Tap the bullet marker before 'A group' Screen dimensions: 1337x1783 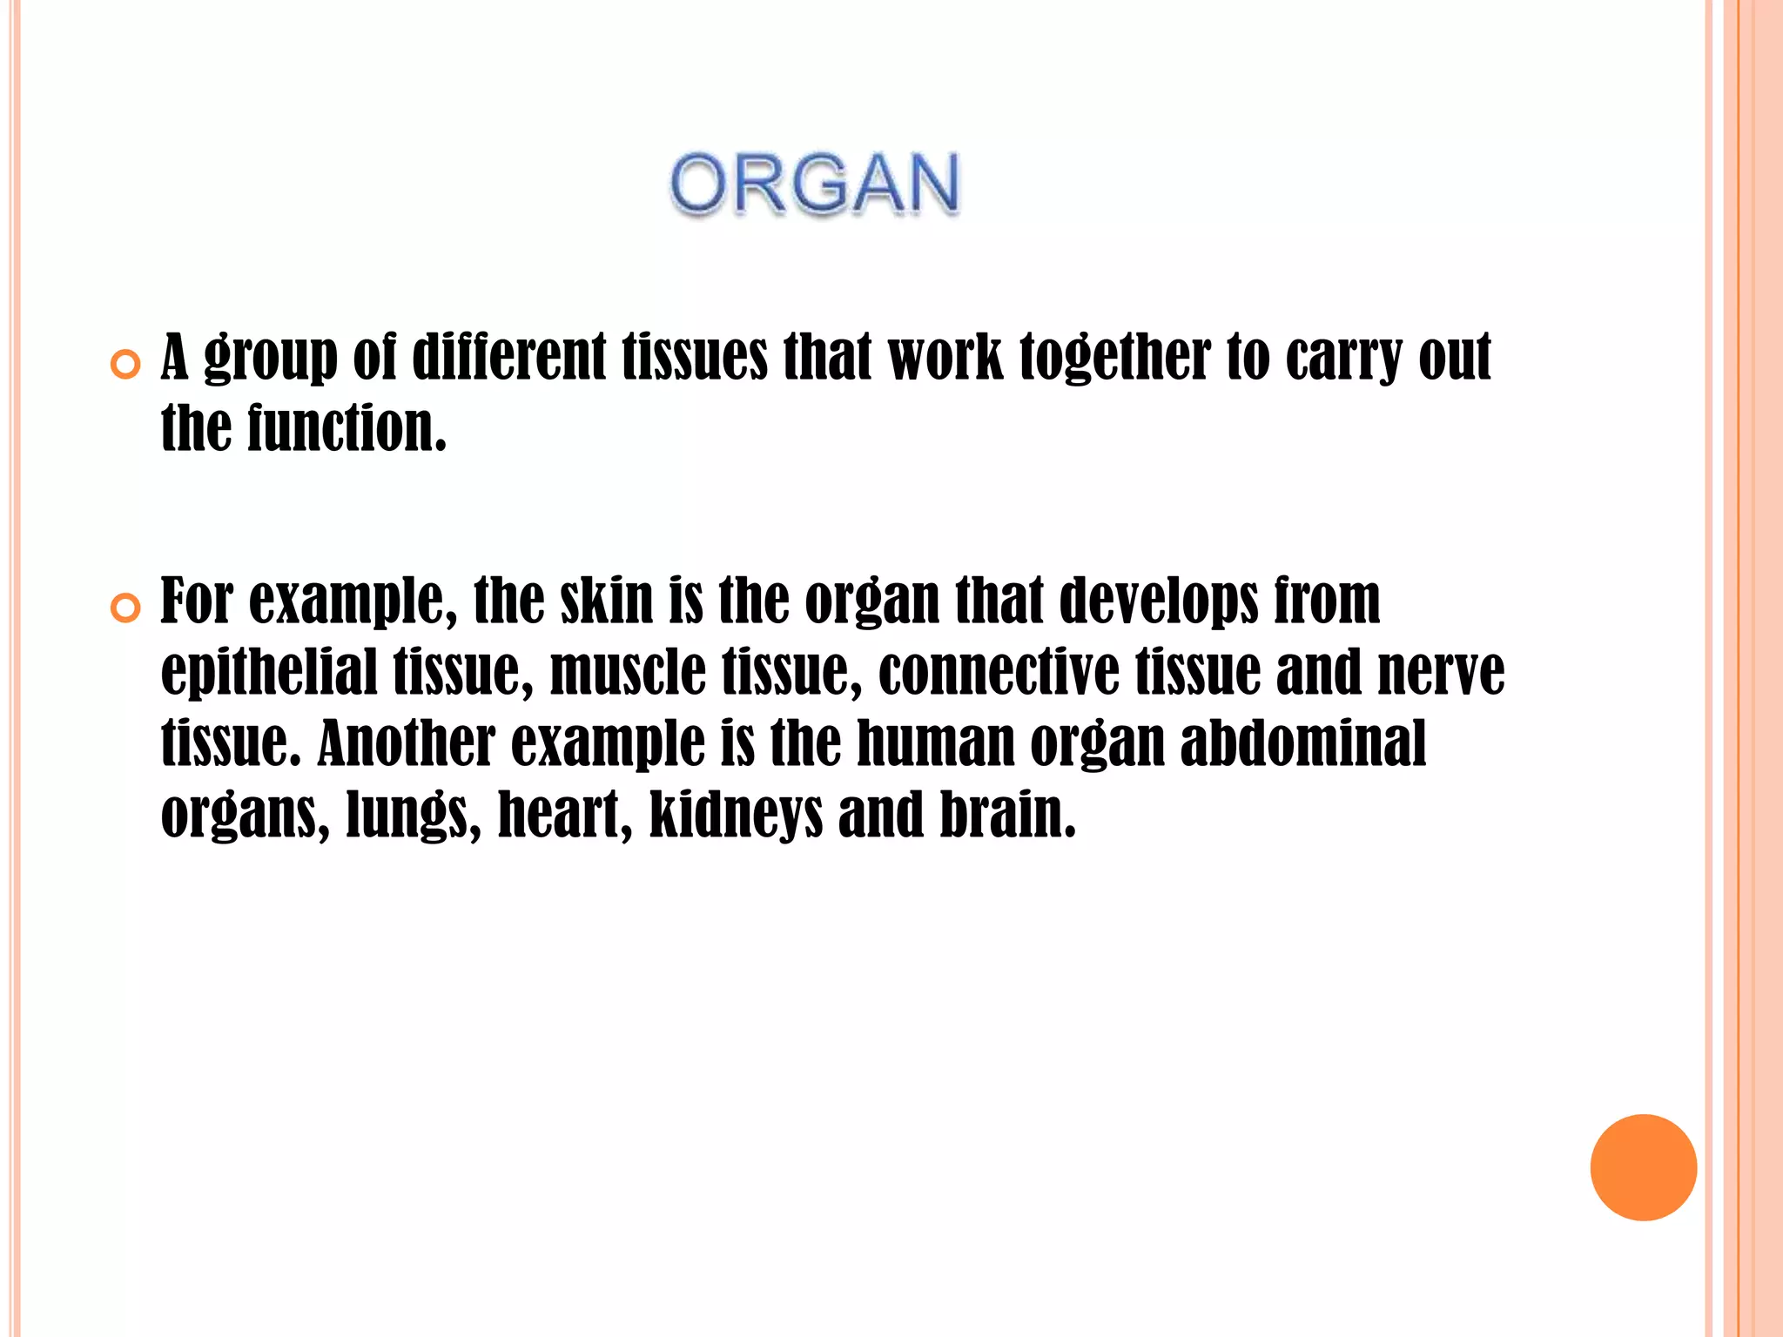tap(126, 366)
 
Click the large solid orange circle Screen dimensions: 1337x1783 tap(1643, 1167)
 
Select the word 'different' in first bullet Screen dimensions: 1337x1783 tap(508, 357)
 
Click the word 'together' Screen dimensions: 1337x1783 tap(1115, 357)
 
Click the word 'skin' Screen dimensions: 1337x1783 tap(607, 600)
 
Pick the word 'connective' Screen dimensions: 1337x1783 tap(999, 671)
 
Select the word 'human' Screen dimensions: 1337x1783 tap(936, 742)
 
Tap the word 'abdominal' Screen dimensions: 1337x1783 tap(1303, 742)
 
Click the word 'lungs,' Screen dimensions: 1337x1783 tap(414, 815)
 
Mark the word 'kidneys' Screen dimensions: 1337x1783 tap(736, 815)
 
